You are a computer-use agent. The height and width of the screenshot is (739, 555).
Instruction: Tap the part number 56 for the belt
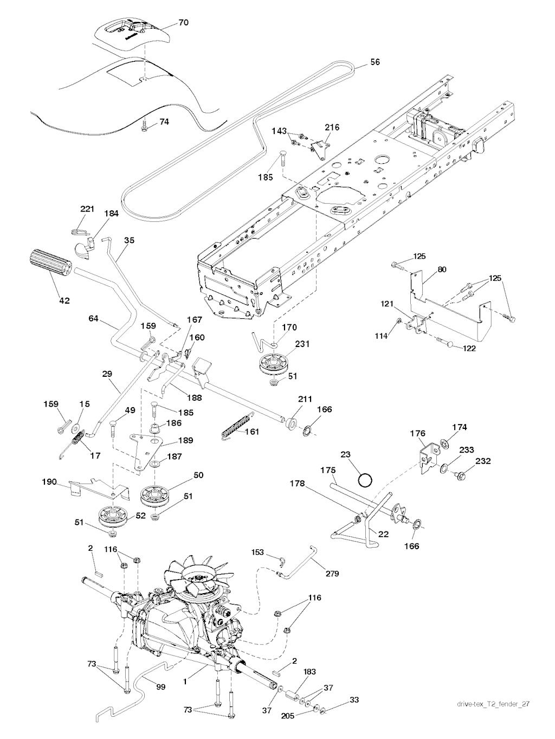pyautogui.click(x=375, y=62)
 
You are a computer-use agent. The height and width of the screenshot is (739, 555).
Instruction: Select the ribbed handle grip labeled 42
pyautogui.click(x=50, y=264)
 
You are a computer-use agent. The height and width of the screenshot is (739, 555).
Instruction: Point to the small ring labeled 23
pyautogui.click(x=365, y=479)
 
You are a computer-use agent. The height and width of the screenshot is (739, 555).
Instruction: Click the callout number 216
pyautogui.click(x=332, y=127)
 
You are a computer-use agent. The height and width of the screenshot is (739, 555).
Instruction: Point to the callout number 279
pyautogui.click(x=332, y=573)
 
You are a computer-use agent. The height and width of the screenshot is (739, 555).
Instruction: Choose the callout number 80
pyautogui.click(x=442, y=269)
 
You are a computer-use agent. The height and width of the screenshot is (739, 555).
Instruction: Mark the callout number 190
pyautogui.click(x=50, y=481)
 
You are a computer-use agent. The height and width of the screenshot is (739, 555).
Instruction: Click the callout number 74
pyautogui.click(x=163, y=122)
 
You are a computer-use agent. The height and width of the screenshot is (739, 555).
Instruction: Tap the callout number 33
pyautogui.click(x=354, y=700)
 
